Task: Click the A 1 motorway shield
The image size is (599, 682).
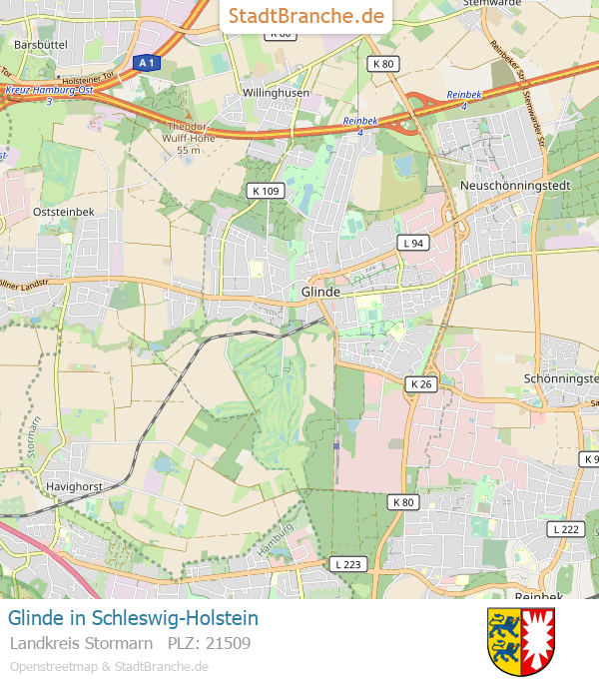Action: pos(147,63)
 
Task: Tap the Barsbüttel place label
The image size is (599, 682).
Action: pos(40,45)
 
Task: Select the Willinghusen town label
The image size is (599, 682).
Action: pos(277,93)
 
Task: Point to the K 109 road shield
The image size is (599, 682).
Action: pos(265,190)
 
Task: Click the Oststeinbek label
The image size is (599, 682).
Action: pos(63,212)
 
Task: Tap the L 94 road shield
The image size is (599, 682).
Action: pos(412,243)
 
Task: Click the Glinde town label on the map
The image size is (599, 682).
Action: pos(320,292)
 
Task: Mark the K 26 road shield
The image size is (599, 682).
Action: pos(421,383)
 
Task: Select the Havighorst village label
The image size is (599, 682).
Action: pos(75,486)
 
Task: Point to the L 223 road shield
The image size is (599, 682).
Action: pos(348,564)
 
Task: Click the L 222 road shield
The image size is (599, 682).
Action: pos(564,528)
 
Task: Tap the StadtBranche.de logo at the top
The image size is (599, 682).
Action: pos(306,16)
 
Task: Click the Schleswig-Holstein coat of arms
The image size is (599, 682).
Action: pos(521,641)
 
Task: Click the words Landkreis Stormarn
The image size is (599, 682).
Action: pos(81,643)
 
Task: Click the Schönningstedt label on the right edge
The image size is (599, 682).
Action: pos(561,378)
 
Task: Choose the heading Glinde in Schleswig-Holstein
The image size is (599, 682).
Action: pos(133,618)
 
